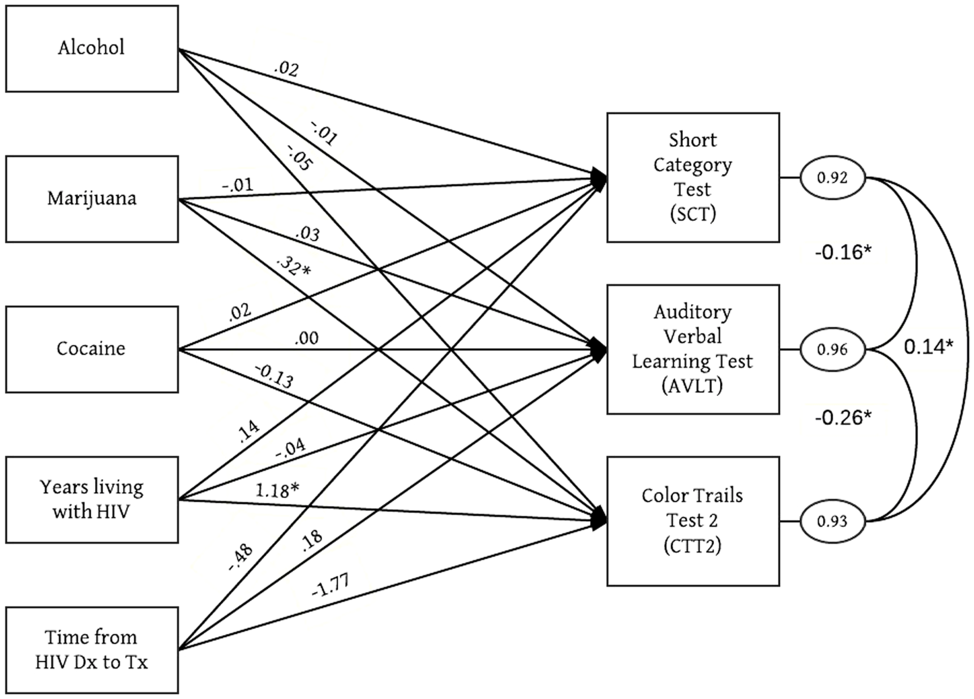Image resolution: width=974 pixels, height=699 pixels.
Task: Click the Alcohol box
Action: point(92,49)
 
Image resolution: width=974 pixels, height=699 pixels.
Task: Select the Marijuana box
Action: point(92,199)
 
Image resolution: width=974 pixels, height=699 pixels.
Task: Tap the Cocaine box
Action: point(92,349)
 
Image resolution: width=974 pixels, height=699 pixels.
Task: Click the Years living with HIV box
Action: point(92,500)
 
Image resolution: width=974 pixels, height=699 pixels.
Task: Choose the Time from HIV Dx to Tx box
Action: point(92,650)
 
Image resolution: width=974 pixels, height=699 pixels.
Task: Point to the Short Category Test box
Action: point(693,177)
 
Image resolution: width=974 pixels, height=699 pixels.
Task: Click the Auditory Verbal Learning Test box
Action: point(693,349)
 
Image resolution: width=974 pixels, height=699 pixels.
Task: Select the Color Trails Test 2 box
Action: point(693,521)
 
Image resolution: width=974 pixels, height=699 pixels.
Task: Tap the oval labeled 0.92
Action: point(832,177)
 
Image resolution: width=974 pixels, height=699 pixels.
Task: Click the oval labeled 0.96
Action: point(832,349)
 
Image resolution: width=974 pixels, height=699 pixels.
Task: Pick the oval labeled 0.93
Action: point(832,521)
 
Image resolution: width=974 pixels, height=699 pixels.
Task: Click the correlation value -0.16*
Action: point(843,252)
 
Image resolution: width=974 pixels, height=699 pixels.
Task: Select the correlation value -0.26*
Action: point(843,418)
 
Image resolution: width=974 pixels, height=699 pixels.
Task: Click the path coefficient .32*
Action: point(293,266)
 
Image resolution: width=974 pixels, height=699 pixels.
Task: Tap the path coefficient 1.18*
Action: point(277,490)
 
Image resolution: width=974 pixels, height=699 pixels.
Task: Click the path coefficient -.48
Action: point(240,558)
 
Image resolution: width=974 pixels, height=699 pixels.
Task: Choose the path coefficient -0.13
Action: point(274,376)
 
